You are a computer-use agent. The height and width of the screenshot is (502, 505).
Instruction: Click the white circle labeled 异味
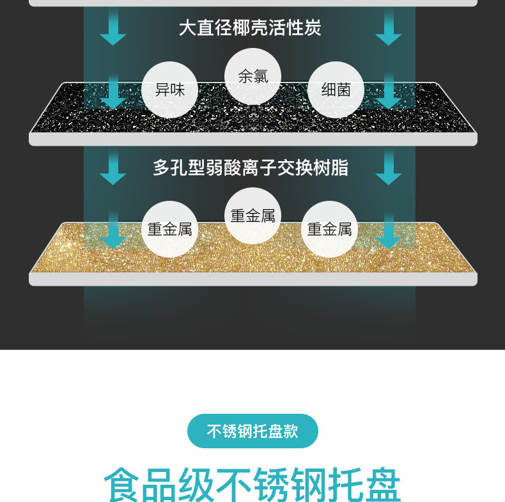(169, 90)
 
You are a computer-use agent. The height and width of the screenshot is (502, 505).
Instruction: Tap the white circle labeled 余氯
(252, 76)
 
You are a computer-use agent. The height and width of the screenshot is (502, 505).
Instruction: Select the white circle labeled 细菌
(336, 90)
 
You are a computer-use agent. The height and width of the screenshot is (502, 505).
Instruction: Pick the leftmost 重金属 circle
(169, 229)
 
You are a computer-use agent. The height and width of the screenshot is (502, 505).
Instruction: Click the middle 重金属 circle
(252, 216)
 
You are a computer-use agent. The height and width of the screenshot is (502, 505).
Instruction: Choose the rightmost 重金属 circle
(329, 229)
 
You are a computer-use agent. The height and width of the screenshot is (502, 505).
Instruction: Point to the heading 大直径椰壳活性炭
(249, 28)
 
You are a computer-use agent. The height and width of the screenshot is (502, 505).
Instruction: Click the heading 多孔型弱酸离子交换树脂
(251, 168)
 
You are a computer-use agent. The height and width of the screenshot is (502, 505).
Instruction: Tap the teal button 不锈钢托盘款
(252, 431)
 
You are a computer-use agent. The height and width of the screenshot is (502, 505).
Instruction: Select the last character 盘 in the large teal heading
(382, 487)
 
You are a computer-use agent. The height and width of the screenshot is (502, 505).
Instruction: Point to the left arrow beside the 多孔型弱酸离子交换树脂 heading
(113, 168)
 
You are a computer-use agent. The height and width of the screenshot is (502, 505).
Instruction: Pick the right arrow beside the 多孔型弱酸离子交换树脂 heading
(388, 168)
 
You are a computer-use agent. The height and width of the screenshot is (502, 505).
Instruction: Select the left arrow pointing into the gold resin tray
(113, 233)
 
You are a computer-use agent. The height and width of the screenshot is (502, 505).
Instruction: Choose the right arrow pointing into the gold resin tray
(388, 233)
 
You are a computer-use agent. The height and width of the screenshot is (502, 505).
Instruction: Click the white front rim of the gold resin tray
(252, 279)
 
